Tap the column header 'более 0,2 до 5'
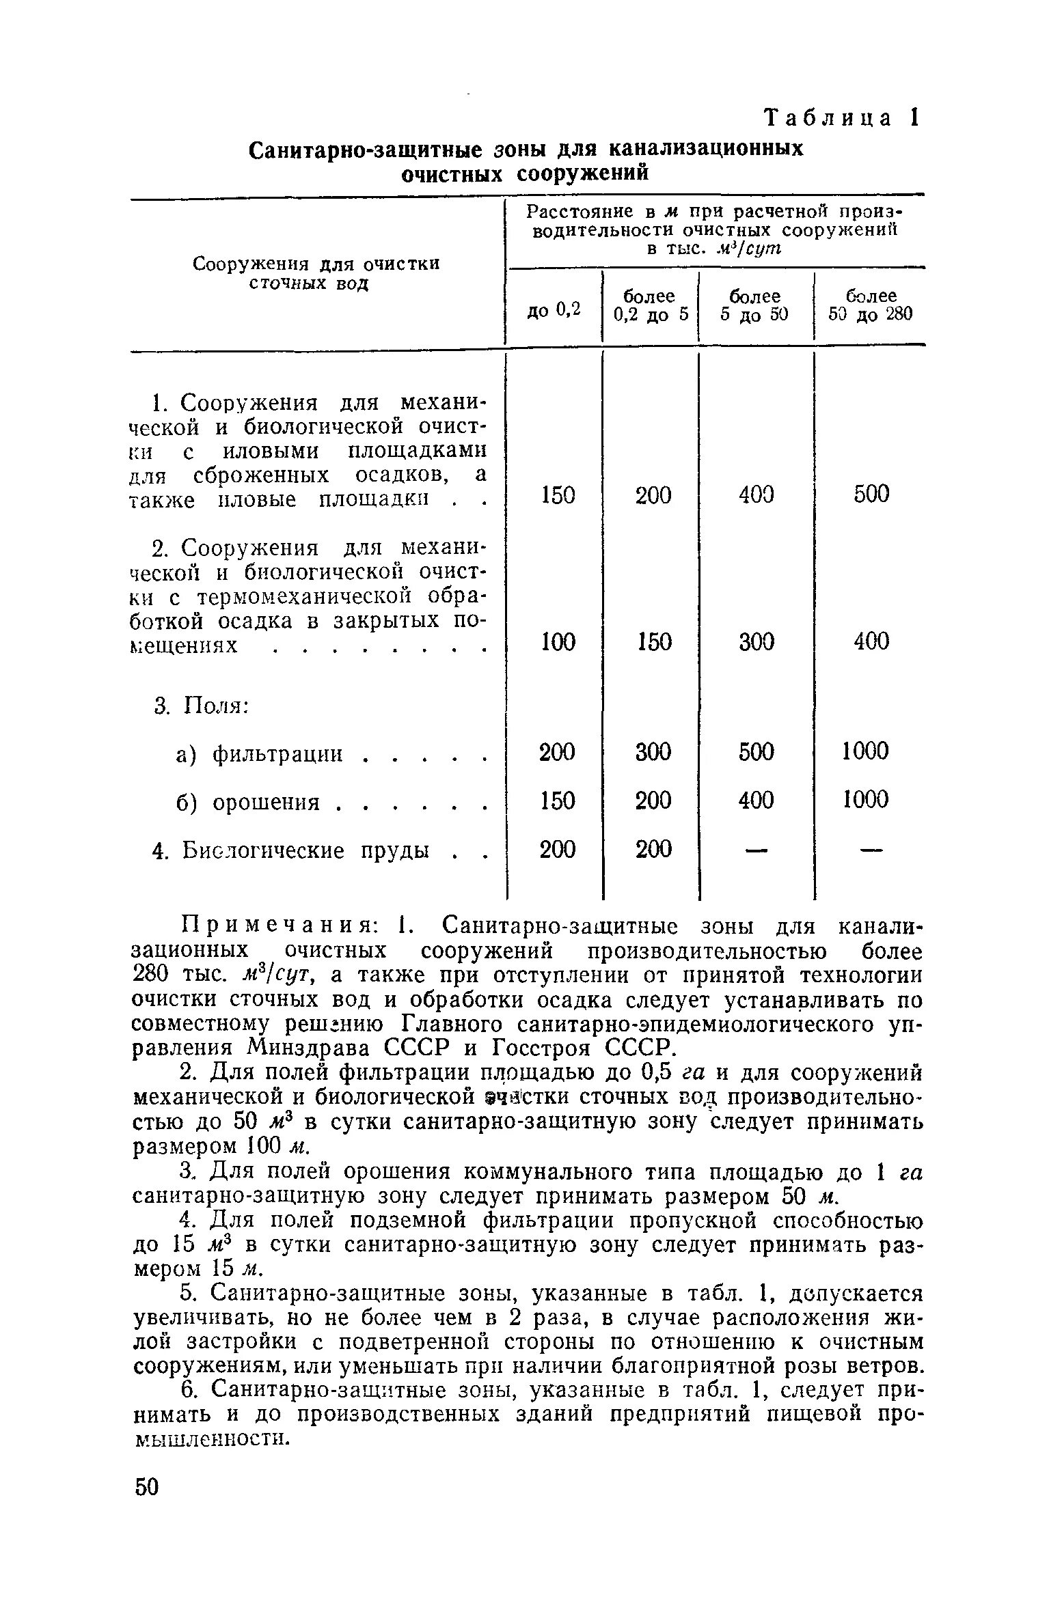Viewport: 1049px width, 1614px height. click(649, 305)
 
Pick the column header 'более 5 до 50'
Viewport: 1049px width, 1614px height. click(755, 305)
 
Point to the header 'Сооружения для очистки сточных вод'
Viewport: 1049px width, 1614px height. click(316, 273)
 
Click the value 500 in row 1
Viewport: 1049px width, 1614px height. click(871, 494)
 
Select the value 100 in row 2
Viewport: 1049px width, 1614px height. click(558, 641)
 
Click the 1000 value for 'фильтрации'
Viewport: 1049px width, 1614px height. click(865, 751)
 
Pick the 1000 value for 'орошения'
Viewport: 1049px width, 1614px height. click(865, 799)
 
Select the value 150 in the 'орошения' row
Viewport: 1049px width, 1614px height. click(558, 800)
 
